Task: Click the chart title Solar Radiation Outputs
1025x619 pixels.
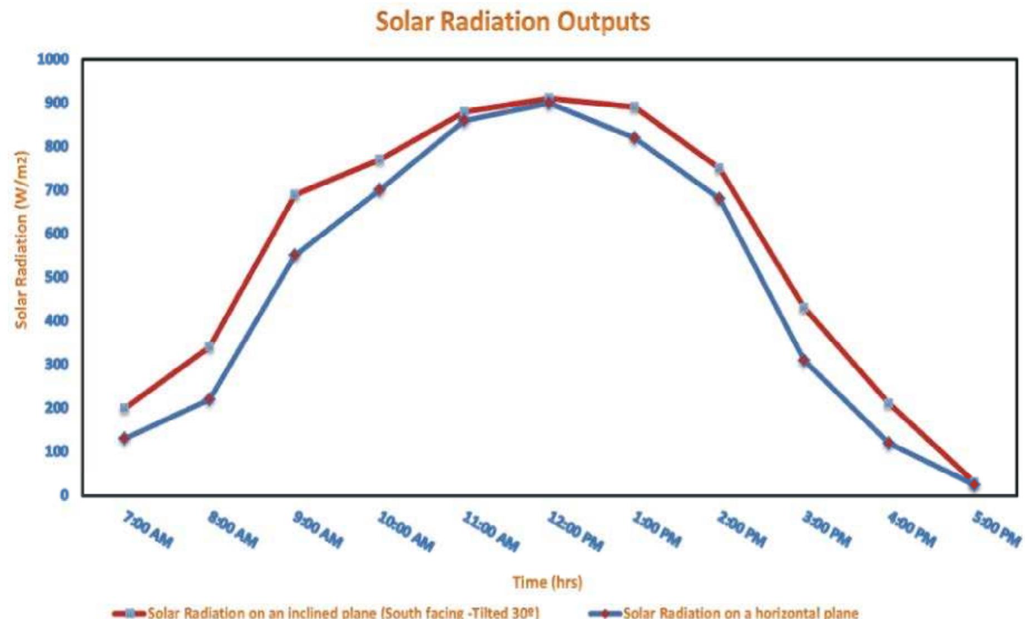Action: pyautogui.click(x=512, y=22)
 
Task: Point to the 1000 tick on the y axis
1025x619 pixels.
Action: pyautogui.click(x=53, y=59)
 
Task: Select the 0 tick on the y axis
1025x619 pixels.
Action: pyautogui.click(x=65, y=494)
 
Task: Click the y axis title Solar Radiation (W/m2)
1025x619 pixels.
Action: pyautogui.click(x=21, y=240)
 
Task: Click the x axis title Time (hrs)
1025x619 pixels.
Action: pyautogui.click(x=547, y=582)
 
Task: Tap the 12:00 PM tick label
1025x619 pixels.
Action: pyautogui.click(x=575, y=531)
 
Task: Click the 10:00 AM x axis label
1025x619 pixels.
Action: pyautogui.click(x=405, y=531)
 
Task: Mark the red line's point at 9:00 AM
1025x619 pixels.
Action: pyautogui.click(x=295, y=194)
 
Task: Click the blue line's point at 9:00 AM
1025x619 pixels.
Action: pyautogui.click(x=295, y=255)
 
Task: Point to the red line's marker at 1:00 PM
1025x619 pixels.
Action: pyautogui.click(x=634, y=107)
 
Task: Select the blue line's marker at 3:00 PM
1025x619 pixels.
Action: pyautogui.click(x=804, y=361)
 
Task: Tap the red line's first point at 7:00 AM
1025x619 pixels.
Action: pyautogui.click(x=125, y=408)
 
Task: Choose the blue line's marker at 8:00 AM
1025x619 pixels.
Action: pyautogui.click(x=210, y=399)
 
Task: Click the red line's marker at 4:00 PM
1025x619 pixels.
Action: pyautogui.click(x=889, y=404)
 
